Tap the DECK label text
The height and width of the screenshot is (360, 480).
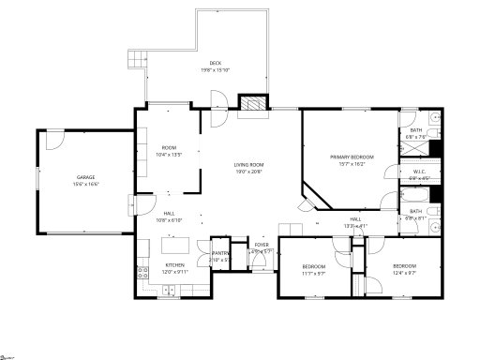coord(216,64)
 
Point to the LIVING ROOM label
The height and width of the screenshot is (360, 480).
coord(249,166)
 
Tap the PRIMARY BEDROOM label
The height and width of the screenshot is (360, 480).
coord(352,157)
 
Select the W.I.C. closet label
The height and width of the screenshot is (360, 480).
coord(418,172)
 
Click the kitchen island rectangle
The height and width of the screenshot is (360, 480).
coord(176,247)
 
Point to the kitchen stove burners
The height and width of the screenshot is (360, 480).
coord(142,275)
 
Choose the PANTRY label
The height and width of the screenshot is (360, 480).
coord(220,253)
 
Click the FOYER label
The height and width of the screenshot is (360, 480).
coord(262,245)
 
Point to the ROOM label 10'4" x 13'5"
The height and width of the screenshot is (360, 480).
coord(170,147)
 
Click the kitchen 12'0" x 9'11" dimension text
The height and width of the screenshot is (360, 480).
coord(176,273)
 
